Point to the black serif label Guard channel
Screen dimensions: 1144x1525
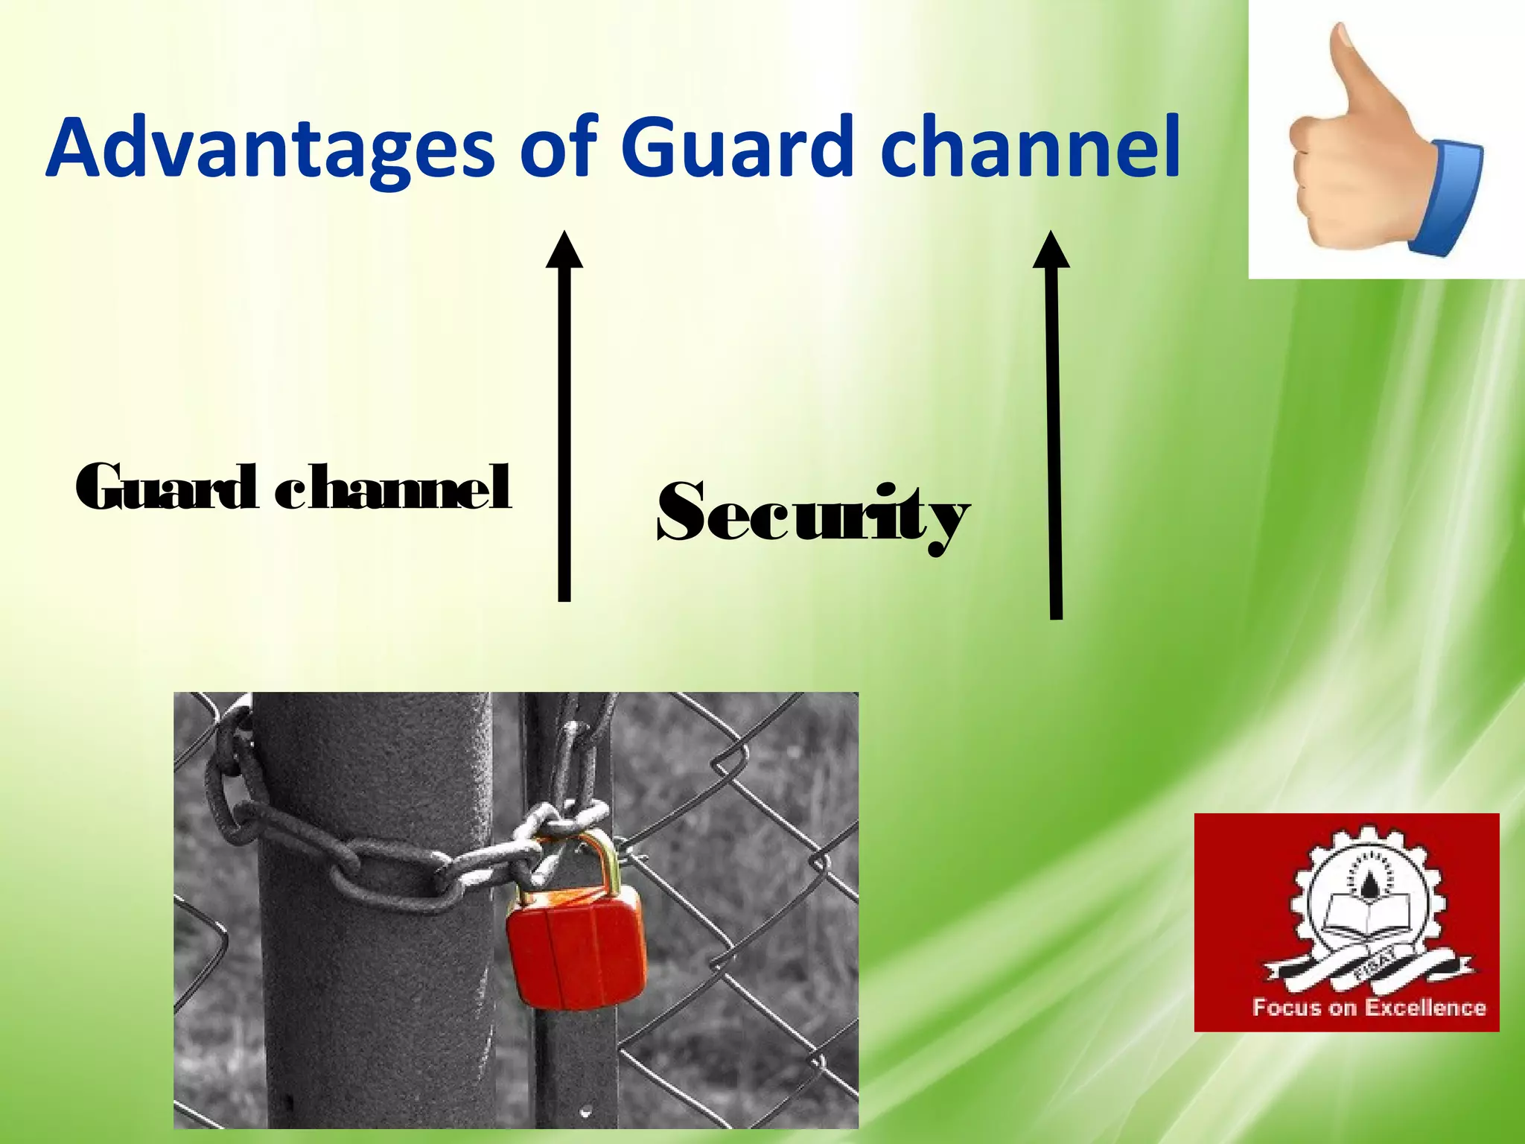(293, 488)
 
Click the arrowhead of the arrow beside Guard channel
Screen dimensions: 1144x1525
(564, 250)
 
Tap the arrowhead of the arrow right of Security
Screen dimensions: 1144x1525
(1051, 250)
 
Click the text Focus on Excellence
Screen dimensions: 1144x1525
(1369, 1008)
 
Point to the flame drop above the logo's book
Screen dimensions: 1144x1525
(1348, 883)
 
